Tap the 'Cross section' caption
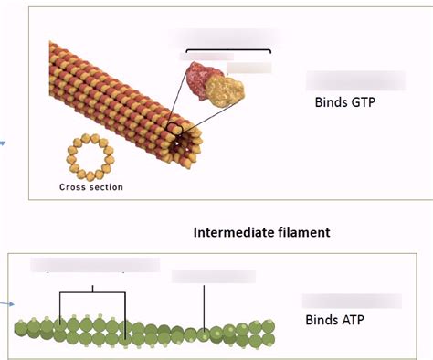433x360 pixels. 90,187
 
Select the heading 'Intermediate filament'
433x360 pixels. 261,232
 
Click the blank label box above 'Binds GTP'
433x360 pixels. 353,80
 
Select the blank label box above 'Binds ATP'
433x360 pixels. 352,300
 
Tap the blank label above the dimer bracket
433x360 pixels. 228,37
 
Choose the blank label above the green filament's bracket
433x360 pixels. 94,265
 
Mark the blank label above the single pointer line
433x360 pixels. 213,275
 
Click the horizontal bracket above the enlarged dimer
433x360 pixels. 228,51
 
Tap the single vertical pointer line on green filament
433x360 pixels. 204,306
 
